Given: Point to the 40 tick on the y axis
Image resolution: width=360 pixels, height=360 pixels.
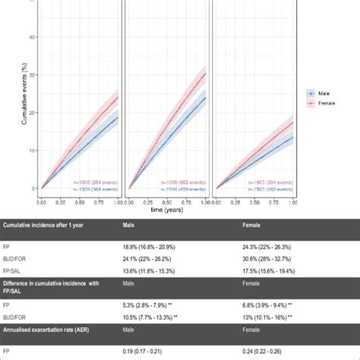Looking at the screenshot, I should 32,36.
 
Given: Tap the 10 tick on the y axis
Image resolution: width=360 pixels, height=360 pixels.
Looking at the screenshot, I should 32,150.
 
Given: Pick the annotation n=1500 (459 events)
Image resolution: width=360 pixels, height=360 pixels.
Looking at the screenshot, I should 182,189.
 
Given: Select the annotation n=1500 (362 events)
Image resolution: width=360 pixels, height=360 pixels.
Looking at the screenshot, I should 182,182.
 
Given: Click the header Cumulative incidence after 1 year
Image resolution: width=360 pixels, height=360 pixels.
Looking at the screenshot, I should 53,226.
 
